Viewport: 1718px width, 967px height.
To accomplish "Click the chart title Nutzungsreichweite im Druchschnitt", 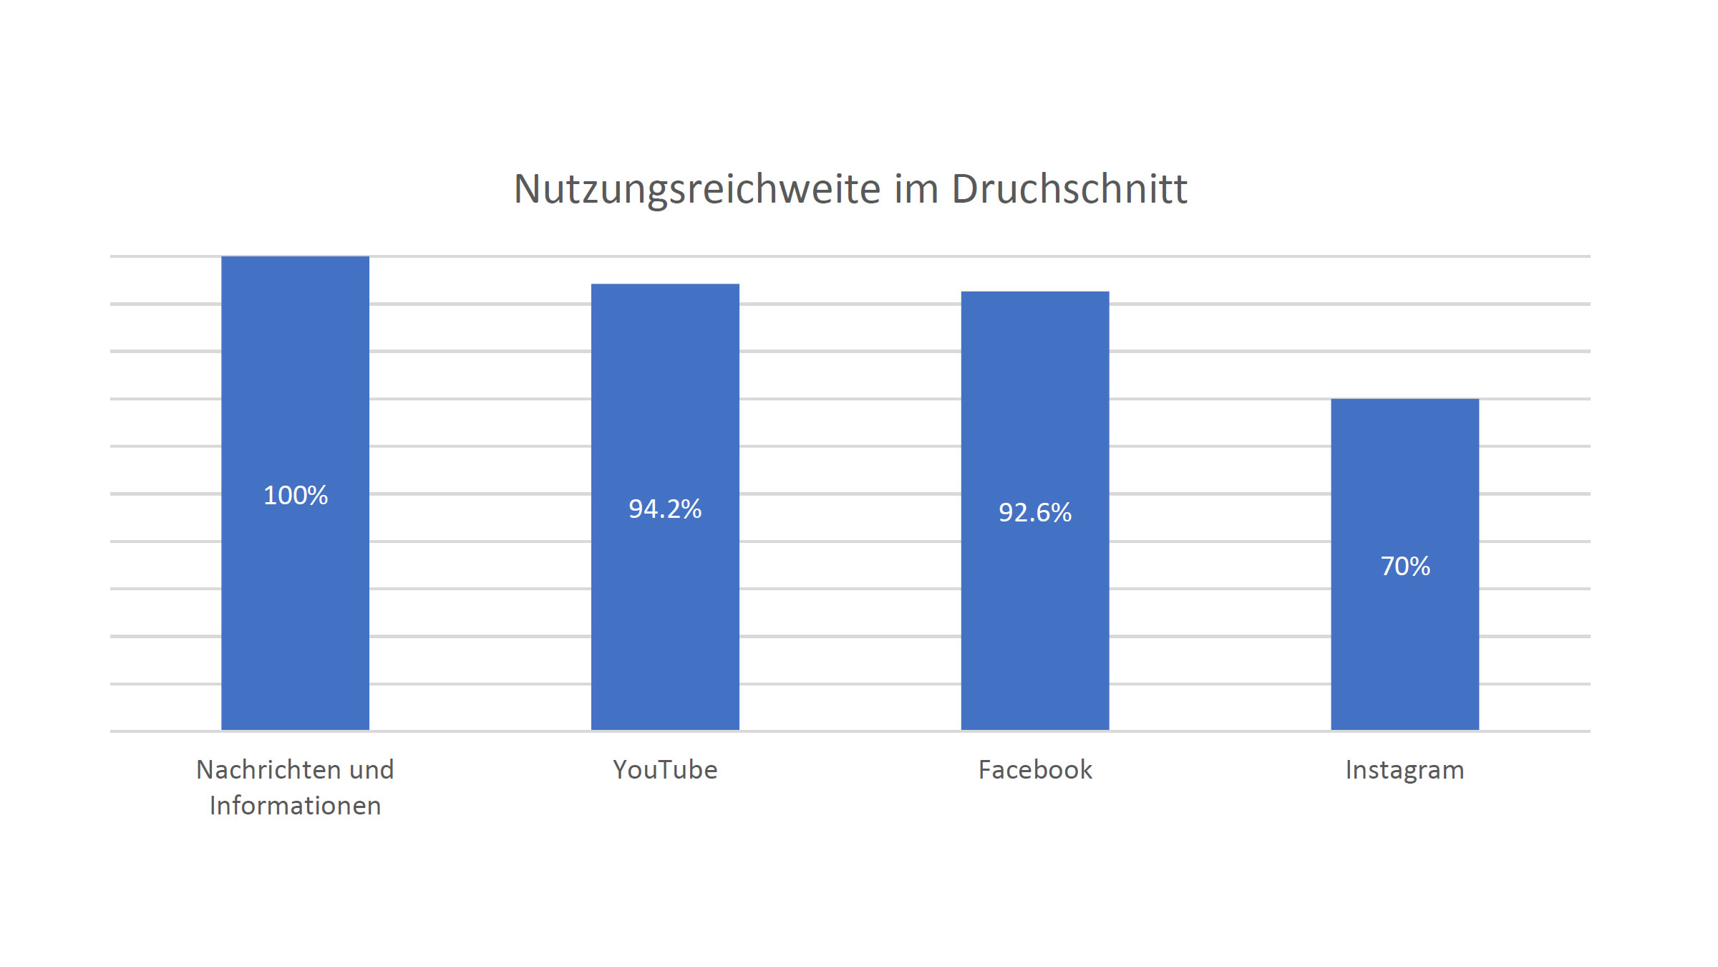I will tap(850, 189).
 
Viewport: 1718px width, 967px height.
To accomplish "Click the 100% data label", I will tap(295, 495).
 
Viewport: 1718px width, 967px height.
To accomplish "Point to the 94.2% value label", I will tap(665, 509).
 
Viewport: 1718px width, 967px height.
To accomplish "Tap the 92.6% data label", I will tap(1035, 512).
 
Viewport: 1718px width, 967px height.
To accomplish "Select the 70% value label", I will tap(1404, 566).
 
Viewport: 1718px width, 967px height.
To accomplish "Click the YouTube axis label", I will tap(665, 770).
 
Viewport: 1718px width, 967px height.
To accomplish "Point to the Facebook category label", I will tap(1035, 770).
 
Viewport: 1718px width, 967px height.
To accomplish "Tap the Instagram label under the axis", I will tap(1404, 770).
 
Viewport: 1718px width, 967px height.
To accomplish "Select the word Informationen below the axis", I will tap(295, 806).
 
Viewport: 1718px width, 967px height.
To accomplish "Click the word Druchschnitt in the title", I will tap(1069, 189).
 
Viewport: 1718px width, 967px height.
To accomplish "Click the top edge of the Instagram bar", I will tap(1404, 400).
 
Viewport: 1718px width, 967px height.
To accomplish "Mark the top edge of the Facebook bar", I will tap(1035, 292).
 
